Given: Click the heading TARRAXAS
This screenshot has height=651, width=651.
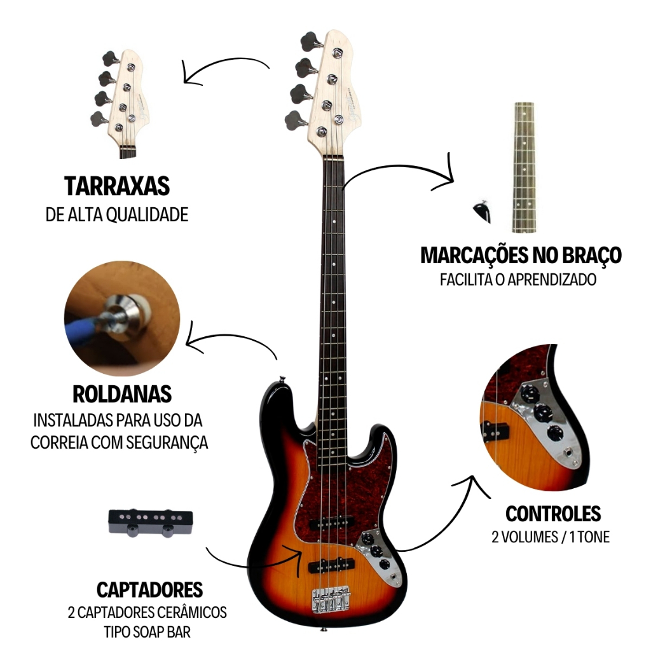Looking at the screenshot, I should [117, 186].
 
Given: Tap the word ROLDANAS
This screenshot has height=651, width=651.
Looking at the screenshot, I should [122, 394].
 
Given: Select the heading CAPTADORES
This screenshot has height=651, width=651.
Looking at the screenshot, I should [150, 589].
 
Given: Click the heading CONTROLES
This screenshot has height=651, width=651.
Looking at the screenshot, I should [553, 513].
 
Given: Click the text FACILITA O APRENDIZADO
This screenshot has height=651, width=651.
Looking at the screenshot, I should [518, 280].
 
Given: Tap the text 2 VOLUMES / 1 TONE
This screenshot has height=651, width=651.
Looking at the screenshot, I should [551, 537].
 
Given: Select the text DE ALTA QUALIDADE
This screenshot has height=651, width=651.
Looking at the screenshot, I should [117, 215].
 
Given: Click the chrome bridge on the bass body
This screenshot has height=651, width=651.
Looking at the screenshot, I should [331, 599].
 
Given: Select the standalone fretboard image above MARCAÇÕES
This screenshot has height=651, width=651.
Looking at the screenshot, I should [524, 167].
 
